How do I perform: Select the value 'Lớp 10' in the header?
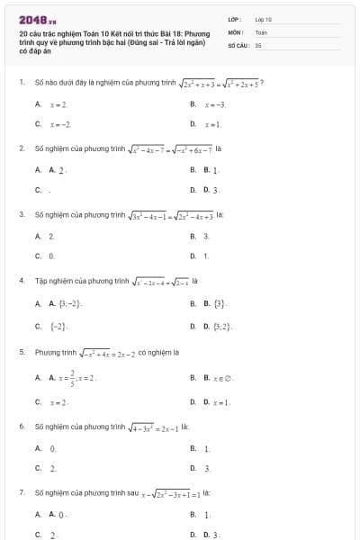click(263, 18)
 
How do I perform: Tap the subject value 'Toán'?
click(260, 31)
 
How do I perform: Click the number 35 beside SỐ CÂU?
click(258, 43)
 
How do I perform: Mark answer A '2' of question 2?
click(55, 168)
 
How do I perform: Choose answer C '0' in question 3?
click(51, 256)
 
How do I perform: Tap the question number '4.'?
click(21, 281)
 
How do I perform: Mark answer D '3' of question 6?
click(208, 468)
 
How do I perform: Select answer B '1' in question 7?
click(207, 515)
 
